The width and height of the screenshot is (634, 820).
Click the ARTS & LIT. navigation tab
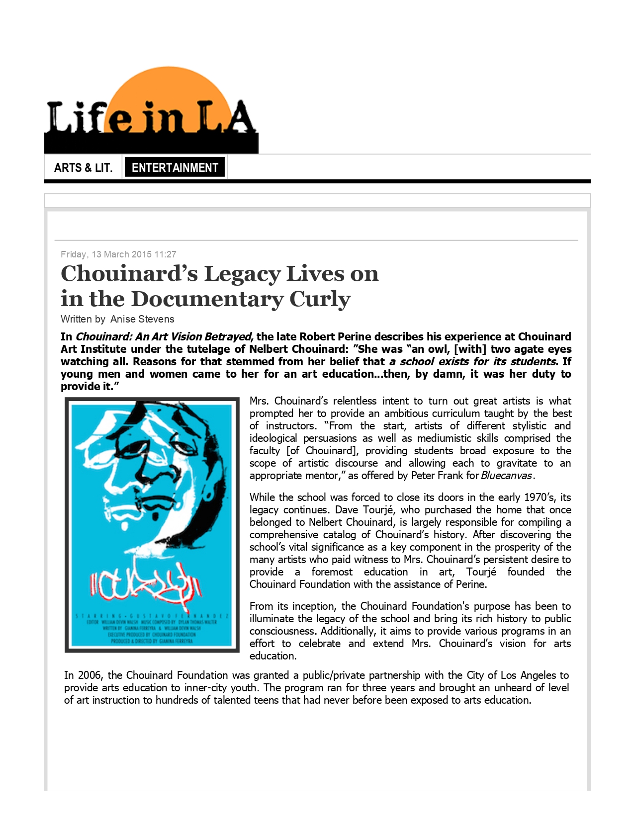pyautogui.click(x=83, y=167)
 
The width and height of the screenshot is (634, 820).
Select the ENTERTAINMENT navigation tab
pyautogui.click(x=175, y=167)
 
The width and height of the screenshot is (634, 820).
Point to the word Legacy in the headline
pyautogui.click(x=249, y=274)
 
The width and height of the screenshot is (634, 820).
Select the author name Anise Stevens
pyautogui.click(x=142, y=319)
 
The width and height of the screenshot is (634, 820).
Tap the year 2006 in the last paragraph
pyautogui.click(x=89, y=675)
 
